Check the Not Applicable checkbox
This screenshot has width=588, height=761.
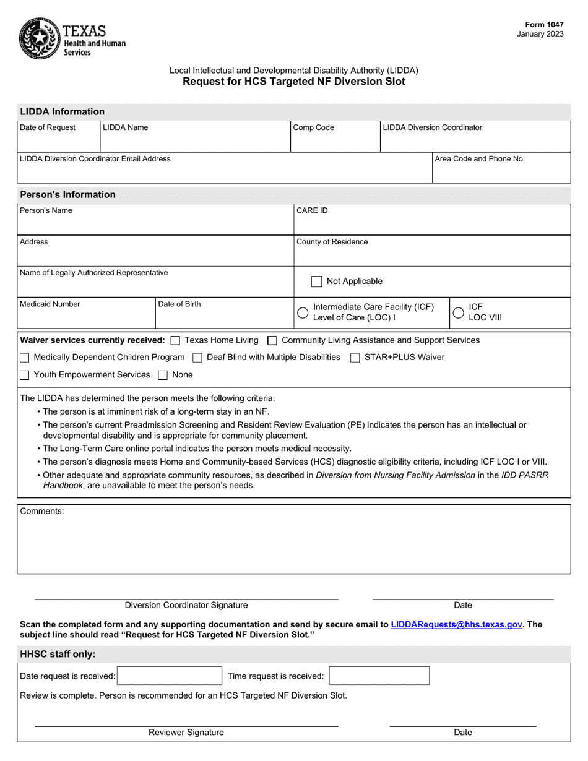316,282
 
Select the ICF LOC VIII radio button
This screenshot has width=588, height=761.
459,312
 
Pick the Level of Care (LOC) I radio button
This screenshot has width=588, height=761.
303,312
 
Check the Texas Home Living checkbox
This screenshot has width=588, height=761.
175,340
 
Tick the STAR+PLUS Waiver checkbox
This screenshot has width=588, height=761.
355,358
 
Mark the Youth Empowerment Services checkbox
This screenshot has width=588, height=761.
25,375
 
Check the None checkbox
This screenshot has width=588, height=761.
163,375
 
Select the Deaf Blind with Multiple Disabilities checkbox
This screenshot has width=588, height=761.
197,358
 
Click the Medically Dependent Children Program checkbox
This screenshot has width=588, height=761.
25,358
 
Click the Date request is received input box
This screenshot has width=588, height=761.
169,676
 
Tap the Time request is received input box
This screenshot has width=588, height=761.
378,676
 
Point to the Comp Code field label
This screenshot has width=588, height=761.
313,128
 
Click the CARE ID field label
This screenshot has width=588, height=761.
312,211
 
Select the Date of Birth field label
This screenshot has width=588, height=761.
179,304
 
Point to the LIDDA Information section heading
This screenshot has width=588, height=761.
63,112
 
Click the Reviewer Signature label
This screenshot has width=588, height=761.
186,733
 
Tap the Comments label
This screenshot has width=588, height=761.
42,512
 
